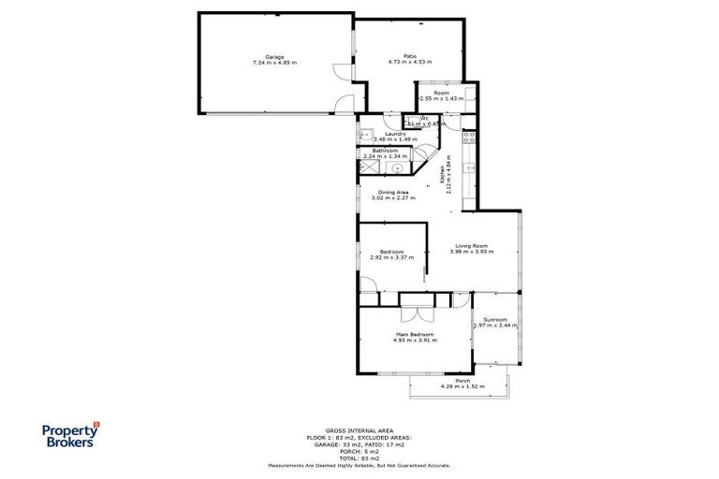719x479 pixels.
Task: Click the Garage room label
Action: click(274, 57)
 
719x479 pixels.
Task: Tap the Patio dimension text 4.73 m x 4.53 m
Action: click(409, 63)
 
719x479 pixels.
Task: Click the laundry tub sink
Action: click(365, 135)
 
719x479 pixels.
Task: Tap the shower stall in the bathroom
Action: click(366, 167)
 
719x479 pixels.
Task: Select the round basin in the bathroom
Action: click(397, 168)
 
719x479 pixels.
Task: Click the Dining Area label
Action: click(393, 193)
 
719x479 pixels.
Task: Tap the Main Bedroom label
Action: click(413, 335)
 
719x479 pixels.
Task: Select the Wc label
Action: click(423, 117)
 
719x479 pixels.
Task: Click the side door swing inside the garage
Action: click(339, 71)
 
